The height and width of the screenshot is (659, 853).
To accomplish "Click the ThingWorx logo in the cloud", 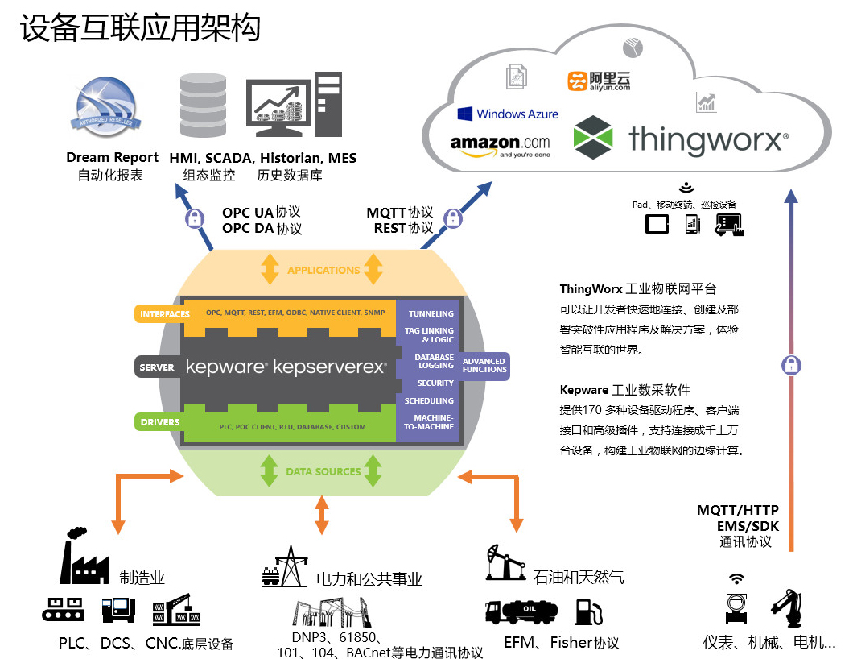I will (x=680, y=138).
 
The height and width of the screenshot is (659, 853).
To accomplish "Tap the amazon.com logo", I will (x=500, y=145).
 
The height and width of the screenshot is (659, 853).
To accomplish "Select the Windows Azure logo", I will (x=508, y=114).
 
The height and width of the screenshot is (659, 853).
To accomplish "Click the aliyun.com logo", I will (x=599, y=81).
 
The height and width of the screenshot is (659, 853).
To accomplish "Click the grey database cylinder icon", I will (x=204, y=106).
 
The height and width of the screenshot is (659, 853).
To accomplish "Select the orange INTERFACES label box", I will (x=164, y=314).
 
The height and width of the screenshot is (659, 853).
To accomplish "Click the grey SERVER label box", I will (x=156, y=367).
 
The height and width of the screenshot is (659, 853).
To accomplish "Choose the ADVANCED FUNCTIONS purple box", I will (x=484, y=366).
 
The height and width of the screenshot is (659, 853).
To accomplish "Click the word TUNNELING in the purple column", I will (x=431, y=313).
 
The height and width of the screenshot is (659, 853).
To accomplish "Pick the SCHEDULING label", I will (x=429, y=400).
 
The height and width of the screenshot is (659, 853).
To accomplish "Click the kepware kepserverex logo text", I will (x=286, y=367).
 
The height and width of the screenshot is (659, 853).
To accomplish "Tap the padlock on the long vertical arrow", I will (x=791, y=365).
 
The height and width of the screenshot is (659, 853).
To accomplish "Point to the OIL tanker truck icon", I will (x=522, y=612).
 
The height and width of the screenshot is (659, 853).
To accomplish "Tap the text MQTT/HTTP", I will (x=738, y=510).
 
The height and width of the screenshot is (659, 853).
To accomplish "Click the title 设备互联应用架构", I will (x=141, y=29).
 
